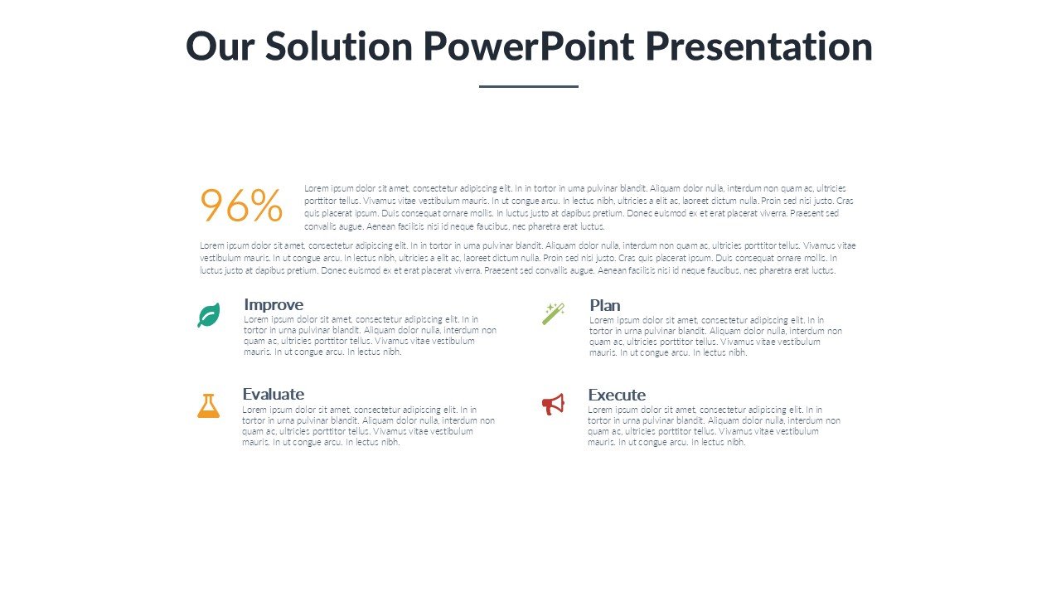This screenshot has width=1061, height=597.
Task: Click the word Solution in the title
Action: point(339,46)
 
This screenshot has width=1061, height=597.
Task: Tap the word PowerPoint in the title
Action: point(529,46)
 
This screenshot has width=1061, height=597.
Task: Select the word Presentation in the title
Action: point(758,46)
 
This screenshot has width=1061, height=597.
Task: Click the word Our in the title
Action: point(220,46)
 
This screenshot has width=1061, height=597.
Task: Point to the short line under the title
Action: point(529,86)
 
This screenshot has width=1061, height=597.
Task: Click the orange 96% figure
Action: point(241,205)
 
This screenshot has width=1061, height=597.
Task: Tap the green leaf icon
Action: point(209,315)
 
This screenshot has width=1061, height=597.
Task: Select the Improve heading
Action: point(274,304)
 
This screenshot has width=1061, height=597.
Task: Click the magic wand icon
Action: point(553,313)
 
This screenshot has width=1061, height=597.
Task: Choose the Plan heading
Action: point(605,305)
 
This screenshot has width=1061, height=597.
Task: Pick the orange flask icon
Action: point(208,405)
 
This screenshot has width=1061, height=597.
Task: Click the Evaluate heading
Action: point(274,394)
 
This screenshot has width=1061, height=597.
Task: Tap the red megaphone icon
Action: point(553,404)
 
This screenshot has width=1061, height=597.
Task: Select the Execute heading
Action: point(617,395)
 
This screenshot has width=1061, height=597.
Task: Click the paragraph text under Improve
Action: point(370,336)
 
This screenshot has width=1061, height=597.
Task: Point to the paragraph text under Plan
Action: point(715,337)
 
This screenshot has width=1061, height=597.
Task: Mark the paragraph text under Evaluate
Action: point(369,425)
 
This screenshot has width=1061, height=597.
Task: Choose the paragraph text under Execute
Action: point(715,425)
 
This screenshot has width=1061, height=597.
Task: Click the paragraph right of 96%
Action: point(579,207)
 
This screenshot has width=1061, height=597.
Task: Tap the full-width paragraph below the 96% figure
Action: point(528,258)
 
